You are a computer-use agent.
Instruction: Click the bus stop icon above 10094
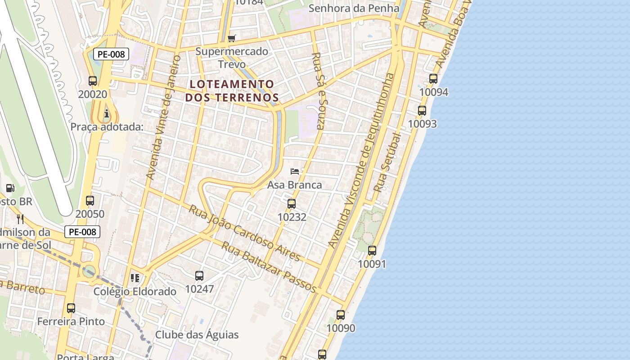click(433, 79)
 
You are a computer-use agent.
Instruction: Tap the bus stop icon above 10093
click(422, 110)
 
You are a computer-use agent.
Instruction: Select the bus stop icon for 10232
click(292, 204)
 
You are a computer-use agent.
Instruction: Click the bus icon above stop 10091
click(372, 251)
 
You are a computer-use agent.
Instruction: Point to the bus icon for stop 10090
click(341, 315)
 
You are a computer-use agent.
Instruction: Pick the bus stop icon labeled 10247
click(199, 276)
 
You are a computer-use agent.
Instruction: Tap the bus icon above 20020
click(93, 81)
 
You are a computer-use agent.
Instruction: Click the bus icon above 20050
click(90, 201)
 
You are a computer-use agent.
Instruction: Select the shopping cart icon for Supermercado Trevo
click(232, 39)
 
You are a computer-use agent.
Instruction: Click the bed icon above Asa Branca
click(295, 171)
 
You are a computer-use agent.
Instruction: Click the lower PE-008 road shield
click(82, 232)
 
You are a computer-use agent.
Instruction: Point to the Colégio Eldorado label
click(135, 292)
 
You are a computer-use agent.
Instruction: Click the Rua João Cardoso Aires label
click(244, 233)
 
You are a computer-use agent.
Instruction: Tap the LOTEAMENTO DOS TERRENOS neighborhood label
click(232, 90)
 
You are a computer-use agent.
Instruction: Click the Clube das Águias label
click(197, 335)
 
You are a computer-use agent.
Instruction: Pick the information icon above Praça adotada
click(106, 112)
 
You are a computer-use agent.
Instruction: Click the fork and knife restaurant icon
click(20, 219)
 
